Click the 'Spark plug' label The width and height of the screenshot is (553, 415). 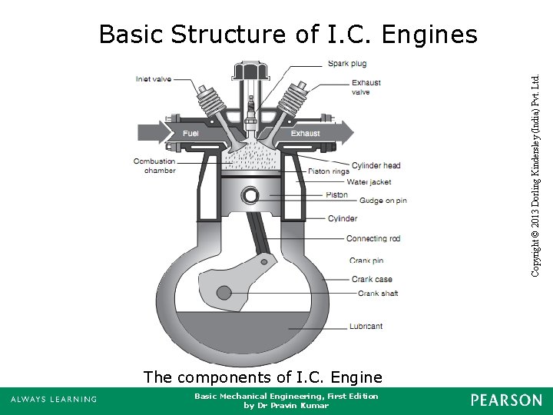[x=347, y=63]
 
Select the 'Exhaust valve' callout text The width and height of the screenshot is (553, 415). [x=366, y=88]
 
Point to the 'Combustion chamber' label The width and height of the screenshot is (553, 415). [x=154, y=166]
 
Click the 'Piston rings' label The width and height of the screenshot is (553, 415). [x=328, y=171]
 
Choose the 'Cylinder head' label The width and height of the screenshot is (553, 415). [x=376, y=165]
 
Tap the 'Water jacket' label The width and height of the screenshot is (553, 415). [x=369, y=182]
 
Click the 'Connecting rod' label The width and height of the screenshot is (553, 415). [x=373, y=239]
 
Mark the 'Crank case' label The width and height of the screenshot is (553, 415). [x=372, y=280]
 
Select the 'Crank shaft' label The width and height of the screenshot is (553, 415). [x=378, y=294]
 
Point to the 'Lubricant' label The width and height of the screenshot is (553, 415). [x=366, y=326]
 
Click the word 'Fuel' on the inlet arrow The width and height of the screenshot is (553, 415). [x=191, y=134]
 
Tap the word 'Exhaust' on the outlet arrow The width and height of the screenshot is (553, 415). [x=306, y=134]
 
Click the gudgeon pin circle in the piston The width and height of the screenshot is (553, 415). [x=250, y=195]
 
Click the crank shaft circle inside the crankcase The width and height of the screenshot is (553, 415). [x=224, y=293]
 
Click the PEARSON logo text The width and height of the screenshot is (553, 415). [x=506, y=400]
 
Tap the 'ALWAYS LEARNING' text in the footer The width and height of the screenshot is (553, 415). [x=53, y=400]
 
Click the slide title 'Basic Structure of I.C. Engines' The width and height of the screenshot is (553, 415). [x=288, y=35]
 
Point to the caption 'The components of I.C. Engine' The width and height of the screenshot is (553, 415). [x=262, y=377]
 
